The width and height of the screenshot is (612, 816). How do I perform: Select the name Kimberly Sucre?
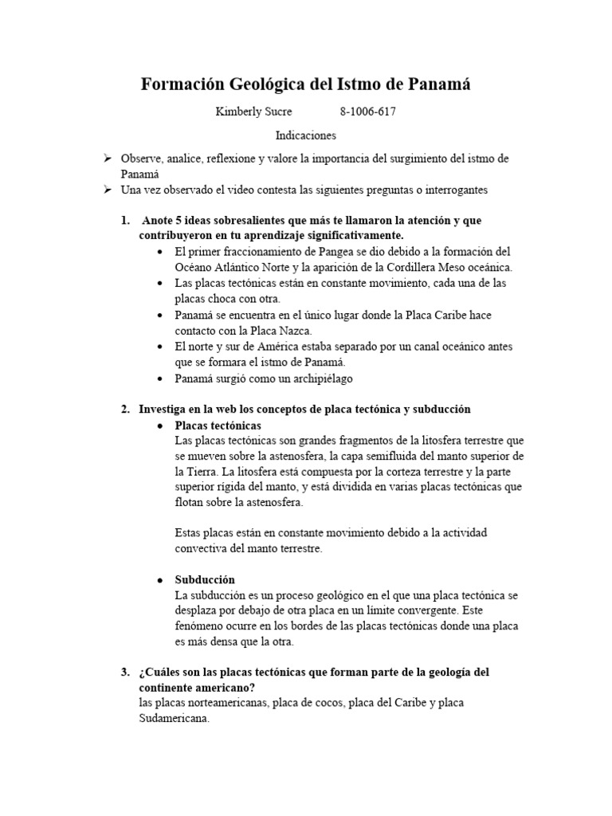tap(253, 112)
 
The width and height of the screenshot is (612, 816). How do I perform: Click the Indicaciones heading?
tap(306, 136)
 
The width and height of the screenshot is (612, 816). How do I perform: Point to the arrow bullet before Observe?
tap(108, 159)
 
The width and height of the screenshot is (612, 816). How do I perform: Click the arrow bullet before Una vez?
tap(108, 190)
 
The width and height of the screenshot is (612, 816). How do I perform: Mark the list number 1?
tap(124, 220)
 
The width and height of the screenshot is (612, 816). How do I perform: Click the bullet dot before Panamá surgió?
tap(162, 379)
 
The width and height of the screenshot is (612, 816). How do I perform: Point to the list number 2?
tap(124, 409)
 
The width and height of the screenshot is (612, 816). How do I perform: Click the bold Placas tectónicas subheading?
tap(216, 426)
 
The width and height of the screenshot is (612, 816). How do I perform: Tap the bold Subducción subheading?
tap(205, 579)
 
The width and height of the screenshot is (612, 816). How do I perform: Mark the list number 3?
tap(124, 672)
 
